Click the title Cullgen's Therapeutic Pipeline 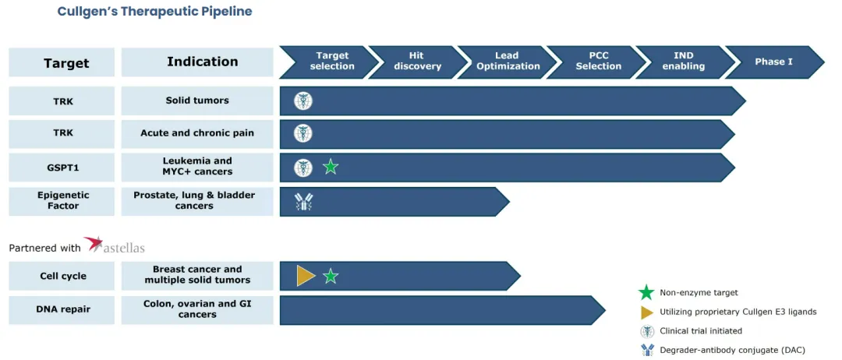[x=154, y=12]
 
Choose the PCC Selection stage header [x=598, y=62]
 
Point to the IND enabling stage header [x=684, y=62]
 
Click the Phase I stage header [x=773, y=62]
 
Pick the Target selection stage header [x=331, y=62]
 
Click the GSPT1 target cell [x=62, y=167]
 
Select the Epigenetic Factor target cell [x=62, y=201]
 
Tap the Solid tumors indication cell [x=197, y=101]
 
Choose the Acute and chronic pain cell [x=197, y=133]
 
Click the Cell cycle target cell [x=62, y=276]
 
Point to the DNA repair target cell [x=62, y=309]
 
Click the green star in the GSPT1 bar [x=331, y=167]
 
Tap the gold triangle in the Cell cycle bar [x=305, y=276]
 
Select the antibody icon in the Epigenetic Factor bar [x=303, y=202]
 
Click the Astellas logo [x=115, y=246]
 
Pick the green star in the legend [x=646, y=293]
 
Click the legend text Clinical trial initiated [x=701, y=331]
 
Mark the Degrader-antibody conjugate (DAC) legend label [x=732, y=350]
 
